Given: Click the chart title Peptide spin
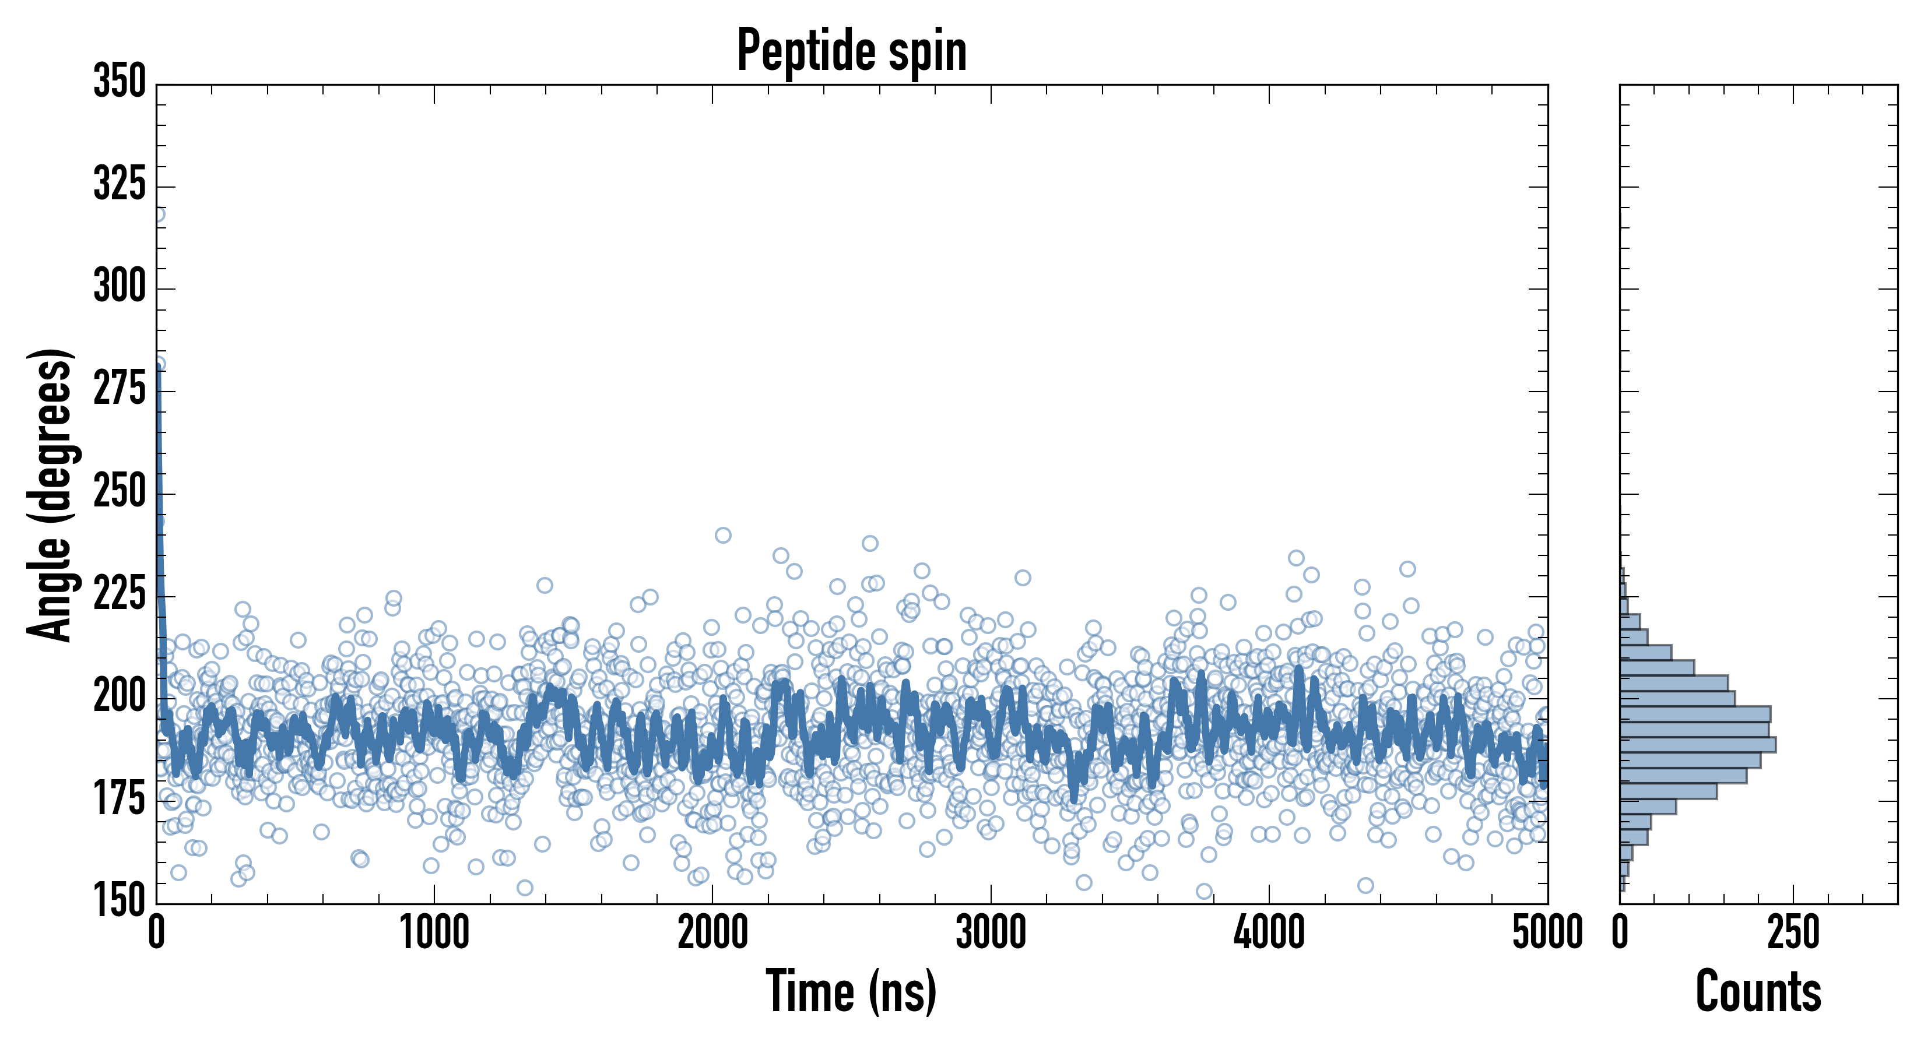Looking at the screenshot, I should [851, 51].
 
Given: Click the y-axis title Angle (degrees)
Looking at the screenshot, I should [50, 494].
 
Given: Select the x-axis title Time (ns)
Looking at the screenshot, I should [851, 991].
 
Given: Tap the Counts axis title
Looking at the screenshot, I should [1758, 991].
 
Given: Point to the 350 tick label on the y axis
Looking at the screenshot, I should [120, 82].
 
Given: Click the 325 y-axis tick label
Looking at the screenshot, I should [120, 184].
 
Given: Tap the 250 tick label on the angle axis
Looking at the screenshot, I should [120, 491].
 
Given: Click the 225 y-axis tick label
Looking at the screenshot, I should [120, 594].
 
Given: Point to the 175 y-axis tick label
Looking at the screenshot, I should [120, 800].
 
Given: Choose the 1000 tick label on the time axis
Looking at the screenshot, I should [435, 933].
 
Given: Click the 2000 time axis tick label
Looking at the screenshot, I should [712, 933].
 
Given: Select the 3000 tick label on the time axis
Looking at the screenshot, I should [991, 933].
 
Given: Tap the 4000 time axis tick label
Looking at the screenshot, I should [1269, 933].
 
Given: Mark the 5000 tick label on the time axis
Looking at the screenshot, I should [1547, 933].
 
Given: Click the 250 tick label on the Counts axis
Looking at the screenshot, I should [1793, 933].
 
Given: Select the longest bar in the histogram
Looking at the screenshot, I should [1697, 744].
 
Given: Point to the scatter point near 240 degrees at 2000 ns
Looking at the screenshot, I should [723, 536].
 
